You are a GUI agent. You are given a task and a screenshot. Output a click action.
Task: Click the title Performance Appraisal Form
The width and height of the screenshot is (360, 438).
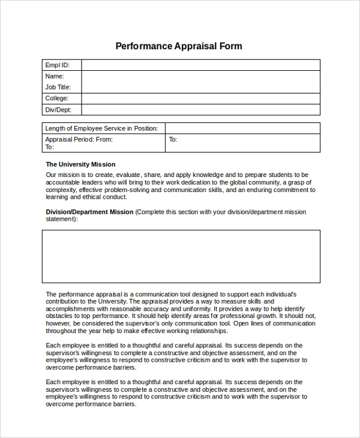click(x=178, y=46)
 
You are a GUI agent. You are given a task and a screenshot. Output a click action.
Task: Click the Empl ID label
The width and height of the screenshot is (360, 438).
click(x=58, y=65)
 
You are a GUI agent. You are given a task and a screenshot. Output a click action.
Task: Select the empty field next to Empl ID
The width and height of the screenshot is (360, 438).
click(x=200, y=65)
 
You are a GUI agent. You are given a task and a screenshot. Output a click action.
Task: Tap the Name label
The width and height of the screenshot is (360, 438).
click(x=55, y=76)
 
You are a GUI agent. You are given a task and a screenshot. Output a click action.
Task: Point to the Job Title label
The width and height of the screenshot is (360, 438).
click(x=58, y=87)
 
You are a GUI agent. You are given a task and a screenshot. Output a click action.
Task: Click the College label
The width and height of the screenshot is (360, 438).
click(x=57, y=98)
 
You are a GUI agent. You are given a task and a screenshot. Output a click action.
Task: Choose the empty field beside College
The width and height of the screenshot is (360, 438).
click(x=200, y=98)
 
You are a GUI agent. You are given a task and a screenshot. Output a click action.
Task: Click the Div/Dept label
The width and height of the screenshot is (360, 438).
click(x=58, y=110)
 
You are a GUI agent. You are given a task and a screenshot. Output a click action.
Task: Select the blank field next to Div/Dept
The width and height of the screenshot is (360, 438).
click(x=200, y=110)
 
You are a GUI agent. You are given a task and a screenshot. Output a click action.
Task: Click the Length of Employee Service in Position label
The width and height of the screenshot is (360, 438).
click(x=102, y=128)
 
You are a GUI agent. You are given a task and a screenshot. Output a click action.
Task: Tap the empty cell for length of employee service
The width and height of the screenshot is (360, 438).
click(x=242, y=128)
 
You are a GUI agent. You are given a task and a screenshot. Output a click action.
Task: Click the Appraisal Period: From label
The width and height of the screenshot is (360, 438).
click(x=79, y=139)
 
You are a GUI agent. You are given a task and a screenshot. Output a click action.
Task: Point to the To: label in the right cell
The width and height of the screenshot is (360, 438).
click(x=173, y=139)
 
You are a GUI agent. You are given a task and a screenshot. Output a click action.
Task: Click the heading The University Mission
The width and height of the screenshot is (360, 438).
click(x=80, y=164)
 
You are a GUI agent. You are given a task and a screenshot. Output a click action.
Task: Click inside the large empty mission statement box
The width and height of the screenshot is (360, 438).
click(x=181, y=256)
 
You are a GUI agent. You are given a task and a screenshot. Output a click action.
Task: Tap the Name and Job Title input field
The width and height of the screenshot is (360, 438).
click(x=200, y=82)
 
